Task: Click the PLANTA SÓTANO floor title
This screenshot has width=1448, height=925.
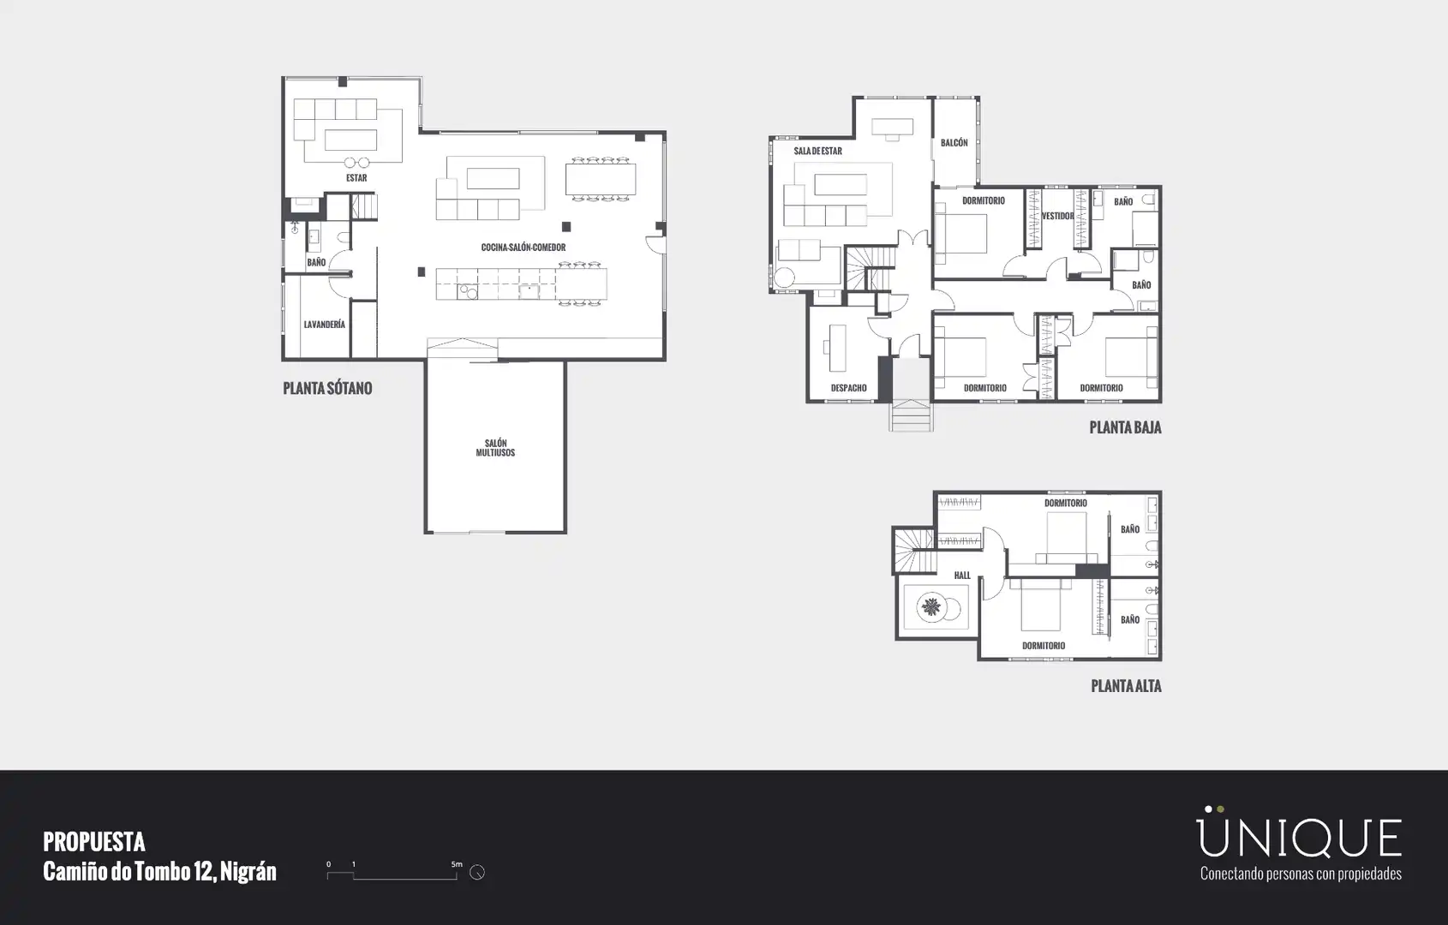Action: pos(327,389)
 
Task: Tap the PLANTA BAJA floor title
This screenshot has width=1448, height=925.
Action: pos(1126,427)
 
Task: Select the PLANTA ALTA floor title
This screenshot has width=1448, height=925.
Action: pos(1126,686)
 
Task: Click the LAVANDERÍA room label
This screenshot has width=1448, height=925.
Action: pos(325,325)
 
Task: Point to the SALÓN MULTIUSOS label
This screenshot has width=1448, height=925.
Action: pos(496,448)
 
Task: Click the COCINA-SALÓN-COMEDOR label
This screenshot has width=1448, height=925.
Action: pos(524,248)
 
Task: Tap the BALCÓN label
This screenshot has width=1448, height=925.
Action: pos(954,143)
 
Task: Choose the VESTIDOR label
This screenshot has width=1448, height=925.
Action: pos(1057,216)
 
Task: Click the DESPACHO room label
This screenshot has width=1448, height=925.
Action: pos(849,388)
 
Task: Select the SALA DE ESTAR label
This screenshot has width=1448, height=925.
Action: pos(817,152)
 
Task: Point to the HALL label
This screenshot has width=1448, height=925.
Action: pos(962,576)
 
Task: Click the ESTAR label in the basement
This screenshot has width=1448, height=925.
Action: pos(356,178)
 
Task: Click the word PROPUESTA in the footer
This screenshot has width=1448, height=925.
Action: pos(94,842)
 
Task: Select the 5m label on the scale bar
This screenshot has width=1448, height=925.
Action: pos(457,864)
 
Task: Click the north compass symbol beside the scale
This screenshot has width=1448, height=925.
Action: pos(477,872)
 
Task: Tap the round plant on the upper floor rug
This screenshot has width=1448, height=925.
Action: pos(931,607)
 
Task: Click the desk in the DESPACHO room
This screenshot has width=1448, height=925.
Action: pos(838,348)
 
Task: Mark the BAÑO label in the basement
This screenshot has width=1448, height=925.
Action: pos(316,262)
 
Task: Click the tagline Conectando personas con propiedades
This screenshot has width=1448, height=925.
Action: pos(1301,874)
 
